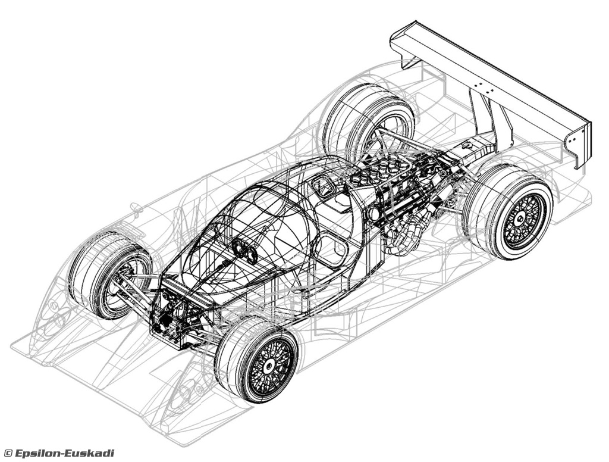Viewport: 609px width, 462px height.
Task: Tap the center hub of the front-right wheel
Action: (268, 365)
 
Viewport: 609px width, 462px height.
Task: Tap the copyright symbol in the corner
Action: (8, 453)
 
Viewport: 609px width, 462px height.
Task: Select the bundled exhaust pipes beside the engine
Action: (405, 233)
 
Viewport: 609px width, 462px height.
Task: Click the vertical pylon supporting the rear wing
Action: (490, 116)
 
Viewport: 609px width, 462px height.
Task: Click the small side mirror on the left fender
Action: (136, 207)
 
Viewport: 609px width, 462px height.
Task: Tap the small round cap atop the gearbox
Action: (467, 145)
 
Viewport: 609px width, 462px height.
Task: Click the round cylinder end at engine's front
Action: (373, 213)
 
